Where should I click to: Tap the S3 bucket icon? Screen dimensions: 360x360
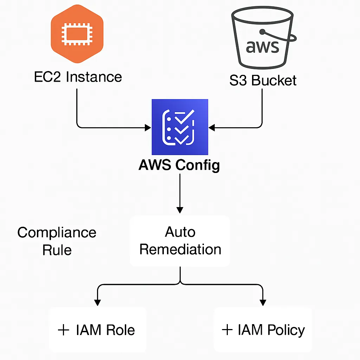263,39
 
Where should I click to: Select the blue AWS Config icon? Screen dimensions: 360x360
180,127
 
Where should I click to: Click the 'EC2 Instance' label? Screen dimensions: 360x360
78,77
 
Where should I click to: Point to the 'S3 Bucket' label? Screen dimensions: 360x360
263,81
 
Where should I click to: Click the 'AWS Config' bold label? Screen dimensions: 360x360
179,165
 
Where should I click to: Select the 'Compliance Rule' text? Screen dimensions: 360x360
57,241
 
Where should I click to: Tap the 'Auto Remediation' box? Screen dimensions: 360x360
180,241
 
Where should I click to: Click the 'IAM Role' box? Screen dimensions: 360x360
97,330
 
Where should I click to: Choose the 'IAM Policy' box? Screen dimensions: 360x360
263,329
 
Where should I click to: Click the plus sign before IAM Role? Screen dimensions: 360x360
63,330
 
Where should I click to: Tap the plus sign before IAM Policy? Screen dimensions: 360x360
227,330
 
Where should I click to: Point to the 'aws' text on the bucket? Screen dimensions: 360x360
262,46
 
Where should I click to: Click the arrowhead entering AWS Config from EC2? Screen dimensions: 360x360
148,127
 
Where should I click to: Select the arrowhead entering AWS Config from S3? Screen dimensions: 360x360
212,127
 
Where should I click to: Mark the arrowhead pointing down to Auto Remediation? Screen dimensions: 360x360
180,210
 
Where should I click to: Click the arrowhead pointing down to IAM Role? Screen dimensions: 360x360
97,302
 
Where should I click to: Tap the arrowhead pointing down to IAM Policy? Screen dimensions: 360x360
263,302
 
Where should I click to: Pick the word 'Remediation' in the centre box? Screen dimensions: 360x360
180,249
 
